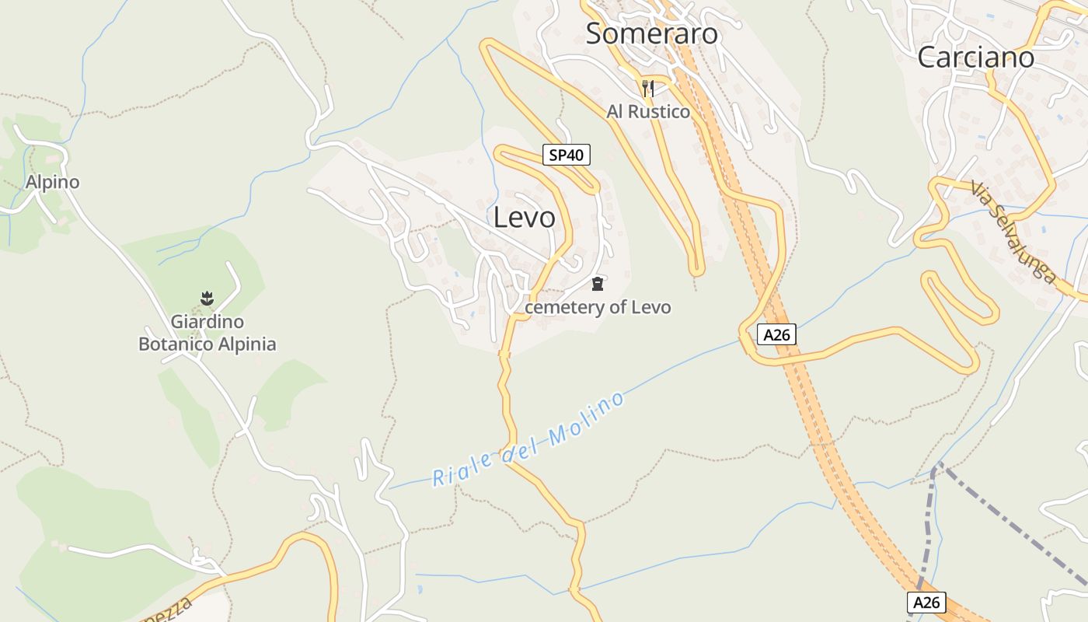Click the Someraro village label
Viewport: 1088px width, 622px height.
point(651,34)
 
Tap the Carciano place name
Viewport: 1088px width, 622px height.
point(975,58)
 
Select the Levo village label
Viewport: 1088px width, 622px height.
point(525,218)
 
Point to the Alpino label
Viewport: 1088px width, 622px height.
point(53,182)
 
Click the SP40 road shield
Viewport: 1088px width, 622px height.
point(566,155)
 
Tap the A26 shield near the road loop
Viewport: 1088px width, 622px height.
point(776,335)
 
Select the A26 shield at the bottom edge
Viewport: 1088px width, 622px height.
point(926,603)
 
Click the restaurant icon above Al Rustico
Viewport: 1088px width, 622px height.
point(648,88)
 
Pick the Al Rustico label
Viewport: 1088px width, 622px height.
point(648,112)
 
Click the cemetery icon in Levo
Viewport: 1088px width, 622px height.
point(597,284)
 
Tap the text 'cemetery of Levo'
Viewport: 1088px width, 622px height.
point(598,307)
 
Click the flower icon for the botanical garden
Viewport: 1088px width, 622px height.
point(207,298)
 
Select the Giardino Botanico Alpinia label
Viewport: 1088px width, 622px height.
point(207,333)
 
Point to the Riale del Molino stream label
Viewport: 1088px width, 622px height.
point(528,440)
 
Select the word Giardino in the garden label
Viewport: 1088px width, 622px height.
point(207,321)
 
